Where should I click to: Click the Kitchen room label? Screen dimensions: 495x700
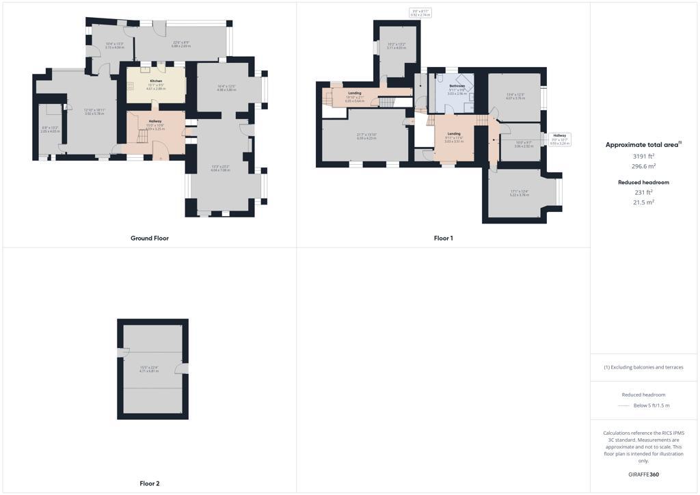click(x=157, y=81)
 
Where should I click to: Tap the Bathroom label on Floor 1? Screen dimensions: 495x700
click(x=457, y=86)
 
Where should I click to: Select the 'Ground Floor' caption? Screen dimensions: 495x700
click(x=150, y=238)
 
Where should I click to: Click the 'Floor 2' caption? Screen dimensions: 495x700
click(x=150, y=483)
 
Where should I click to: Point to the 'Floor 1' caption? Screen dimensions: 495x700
click(x=443, y=238)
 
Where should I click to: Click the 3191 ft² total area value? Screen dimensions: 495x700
click(x=643, y=156)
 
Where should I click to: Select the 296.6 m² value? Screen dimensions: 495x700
click(x=643, y=166)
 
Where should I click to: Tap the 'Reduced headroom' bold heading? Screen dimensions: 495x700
click(x=643, y=183)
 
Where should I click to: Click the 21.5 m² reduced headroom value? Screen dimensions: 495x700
click(x=643, y=202)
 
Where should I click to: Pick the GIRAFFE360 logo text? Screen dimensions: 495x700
click(x=643, y=474)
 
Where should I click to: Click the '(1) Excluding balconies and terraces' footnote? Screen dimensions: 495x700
click(x=643, y=367)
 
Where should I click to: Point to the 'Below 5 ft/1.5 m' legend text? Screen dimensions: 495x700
click(x=651, y=405)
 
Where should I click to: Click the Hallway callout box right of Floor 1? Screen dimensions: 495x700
click(x=559, y=139)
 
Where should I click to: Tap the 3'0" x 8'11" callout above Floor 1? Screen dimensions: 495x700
click(x=420, y=12)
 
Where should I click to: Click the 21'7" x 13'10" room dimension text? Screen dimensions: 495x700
click(x=366, y=136)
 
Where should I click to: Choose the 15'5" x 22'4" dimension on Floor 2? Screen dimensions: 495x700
click(x=149, y=369)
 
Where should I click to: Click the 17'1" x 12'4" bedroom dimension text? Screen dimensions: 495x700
click(x=520, y=193)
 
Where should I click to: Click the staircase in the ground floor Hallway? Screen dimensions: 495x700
click(x=142, y=137)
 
